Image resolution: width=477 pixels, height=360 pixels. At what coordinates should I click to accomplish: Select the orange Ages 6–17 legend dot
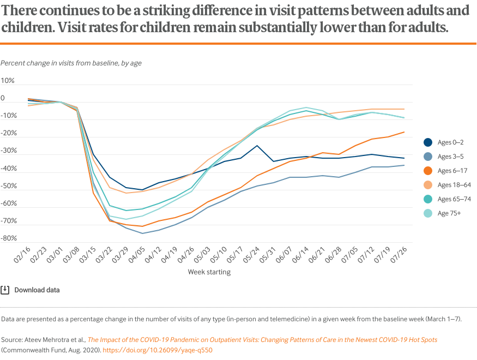[428, 171]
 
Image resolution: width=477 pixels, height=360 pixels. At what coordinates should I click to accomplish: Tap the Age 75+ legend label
[449, 213]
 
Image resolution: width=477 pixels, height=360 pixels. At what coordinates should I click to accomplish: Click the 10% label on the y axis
[8, 81]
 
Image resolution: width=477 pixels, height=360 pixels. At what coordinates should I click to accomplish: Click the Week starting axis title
[209, 272]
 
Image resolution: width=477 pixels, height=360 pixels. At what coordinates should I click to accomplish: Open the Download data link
[37, 290]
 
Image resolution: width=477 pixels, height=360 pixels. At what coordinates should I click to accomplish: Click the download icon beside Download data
[5, 290]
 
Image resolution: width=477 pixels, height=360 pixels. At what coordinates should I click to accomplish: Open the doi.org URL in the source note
[157, 350]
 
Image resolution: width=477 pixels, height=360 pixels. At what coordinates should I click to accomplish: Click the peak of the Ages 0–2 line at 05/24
[257, 146]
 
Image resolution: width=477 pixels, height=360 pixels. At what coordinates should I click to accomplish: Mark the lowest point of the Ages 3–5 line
[143, 233]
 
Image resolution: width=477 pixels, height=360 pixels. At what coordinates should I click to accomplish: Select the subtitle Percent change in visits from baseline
[71, 63]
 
